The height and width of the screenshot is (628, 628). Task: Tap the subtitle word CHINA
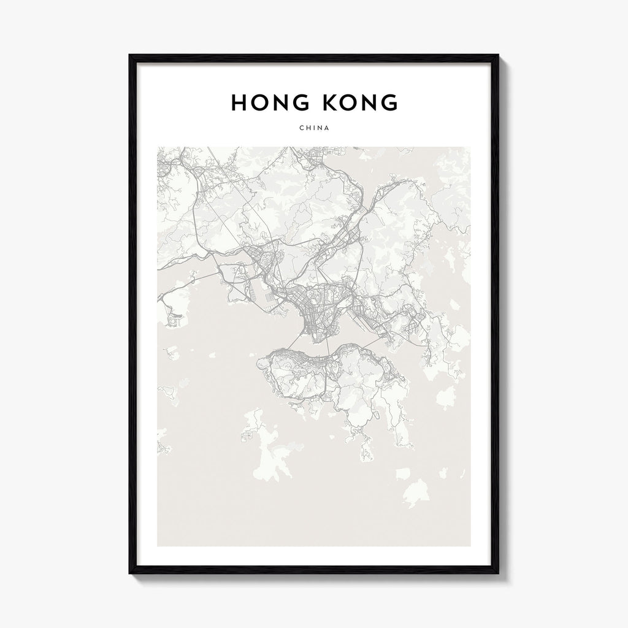point(315,128)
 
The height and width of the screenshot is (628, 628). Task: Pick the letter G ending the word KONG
point(389,102)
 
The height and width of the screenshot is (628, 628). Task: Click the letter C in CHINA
point(302,128)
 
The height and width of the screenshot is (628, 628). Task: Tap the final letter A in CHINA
point(327,128)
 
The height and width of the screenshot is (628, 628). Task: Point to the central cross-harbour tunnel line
point(328,348)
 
